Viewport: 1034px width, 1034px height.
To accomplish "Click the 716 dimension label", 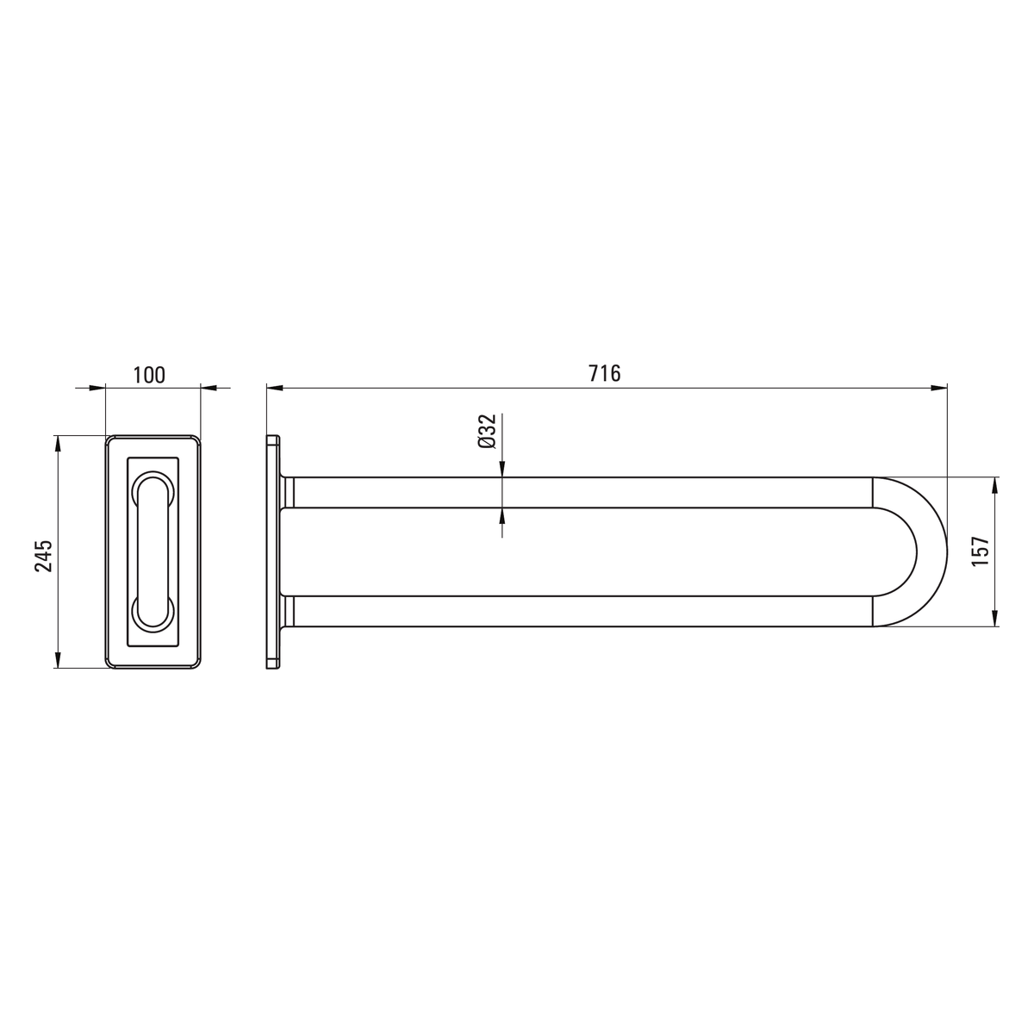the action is (605, 373).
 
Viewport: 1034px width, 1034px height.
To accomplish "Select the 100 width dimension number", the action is (149, 375).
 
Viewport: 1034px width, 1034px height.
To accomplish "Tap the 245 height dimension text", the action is (44, 556).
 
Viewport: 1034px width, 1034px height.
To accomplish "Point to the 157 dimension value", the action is (980, 551).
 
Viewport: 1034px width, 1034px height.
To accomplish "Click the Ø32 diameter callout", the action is (487, 431).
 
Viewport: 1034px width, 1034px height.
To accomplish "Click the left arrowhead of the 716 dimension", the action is (275, 388).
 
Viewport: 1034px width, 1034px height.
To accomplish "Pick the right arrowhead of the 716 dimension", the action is (938, 388).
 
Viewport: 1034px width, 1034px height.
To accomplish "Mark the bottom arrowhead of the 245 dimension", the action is (58, 659).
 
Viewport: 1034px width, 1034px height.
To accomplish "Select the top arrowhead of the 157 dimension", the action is (995, 486).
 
